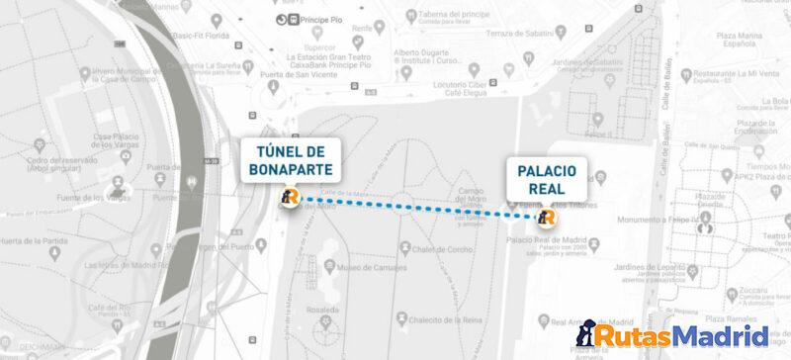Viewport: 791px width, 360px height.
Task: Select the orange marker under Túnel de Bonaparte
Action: click(x=289, y=198)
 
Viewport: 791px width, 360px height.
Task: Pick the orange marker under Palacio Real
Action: click(x=547, y=218)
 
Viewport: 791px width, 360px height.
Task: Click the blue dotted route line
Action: click(x=415, y=208)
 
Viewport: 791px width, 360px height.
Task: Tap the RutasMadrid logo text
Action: click(x=683, y=336)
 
